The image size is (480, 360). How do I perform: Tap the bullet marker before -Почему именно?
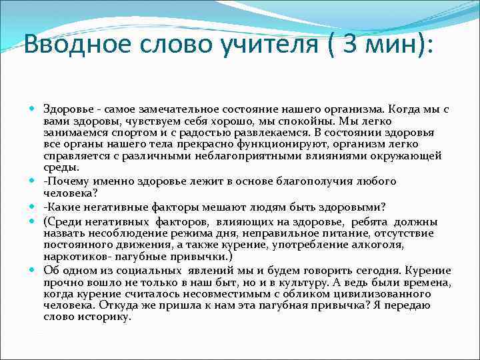pyautogui.click(x=33, y=181)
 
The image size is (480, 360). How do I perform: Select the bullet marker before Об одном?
pyautogui.click(x=33, y=271)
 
